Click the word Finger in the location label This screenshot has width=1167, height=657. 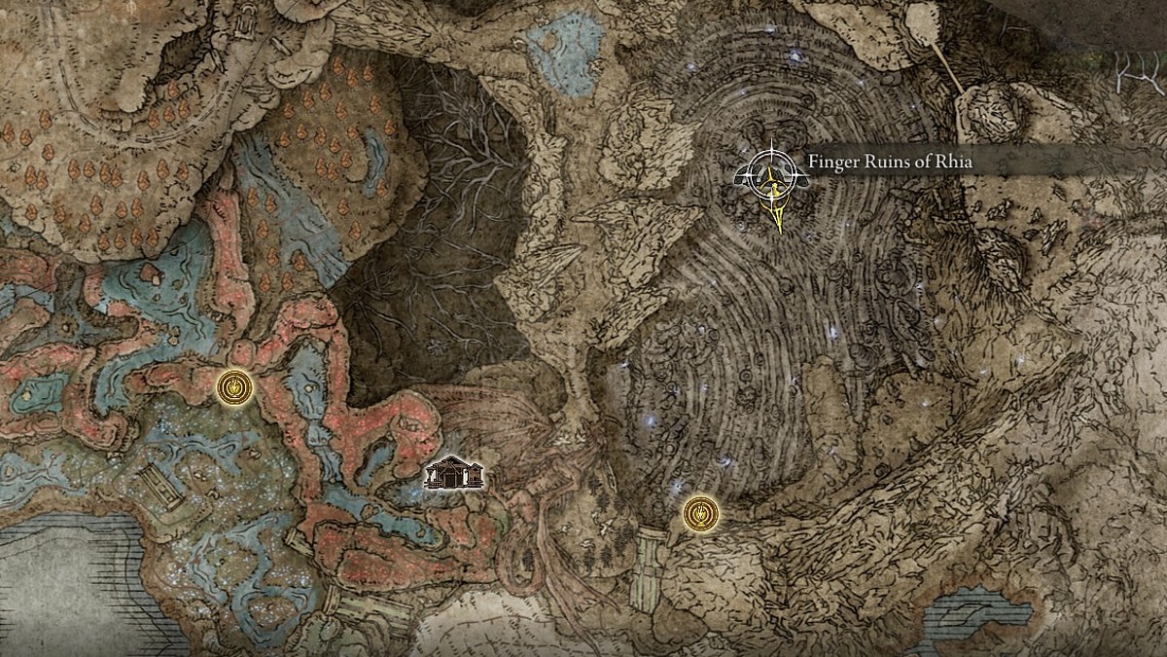pos(831,162)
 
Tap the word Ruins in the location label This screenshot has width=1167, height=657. pos(886,162)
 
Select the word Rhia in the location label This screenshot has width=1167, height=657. pos(950,162)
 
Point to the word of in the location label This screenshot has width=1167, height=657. pos(920,162)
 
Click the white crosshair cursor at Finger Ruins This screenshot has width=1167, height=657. pos(771,175)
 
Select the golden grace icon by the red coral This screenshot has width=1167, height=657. pos(234,387)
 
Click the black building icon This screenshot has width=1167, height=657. pos(454,473)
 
